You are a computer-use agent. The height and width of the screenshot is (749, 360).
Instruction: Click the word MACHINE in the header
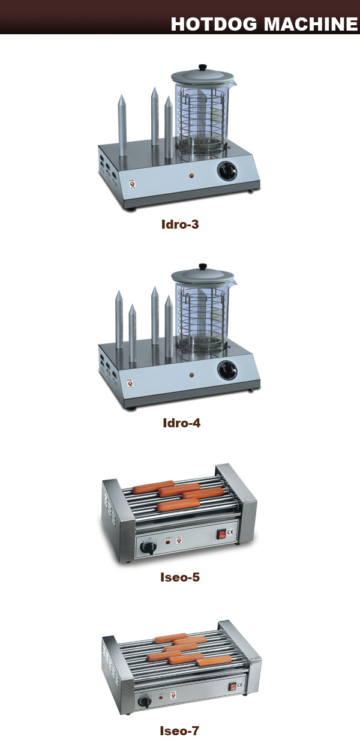coord(311,25)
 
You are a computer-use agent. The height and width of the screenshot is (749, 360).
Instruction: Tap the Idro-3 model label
coord(180,224)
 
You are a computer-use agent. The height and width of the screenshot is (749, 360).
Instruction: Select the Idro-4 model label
coord(182,423)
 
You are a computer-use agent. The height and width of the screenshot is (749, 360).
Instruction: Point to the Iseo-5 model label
coord(180,577)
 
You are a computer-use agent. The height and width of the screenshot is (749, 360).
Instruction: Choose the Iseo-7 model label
coord(179,730)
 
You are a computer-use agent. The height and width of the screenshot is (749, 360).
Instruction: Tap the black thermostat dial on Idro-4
coord(227,370)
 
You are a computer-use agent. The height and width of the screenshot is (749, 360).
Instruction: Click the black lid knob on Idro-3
coord(202,67)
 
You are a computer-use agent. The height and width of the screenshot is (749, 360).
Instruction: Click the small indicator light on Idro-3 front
coord(191,176)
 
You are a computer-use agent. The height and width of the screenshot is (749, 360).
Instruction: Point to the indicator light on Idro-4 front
coord(192,375)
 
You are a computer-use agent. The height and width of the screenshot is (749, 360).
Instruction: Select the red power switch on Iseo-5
coord(222,534)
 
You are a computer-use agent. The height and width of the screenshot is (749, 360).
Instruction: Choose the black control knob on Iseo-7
coord(145,701)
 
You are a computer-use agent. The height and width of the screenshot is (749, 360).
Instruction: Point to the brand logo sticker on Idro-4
coord(130,384)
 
